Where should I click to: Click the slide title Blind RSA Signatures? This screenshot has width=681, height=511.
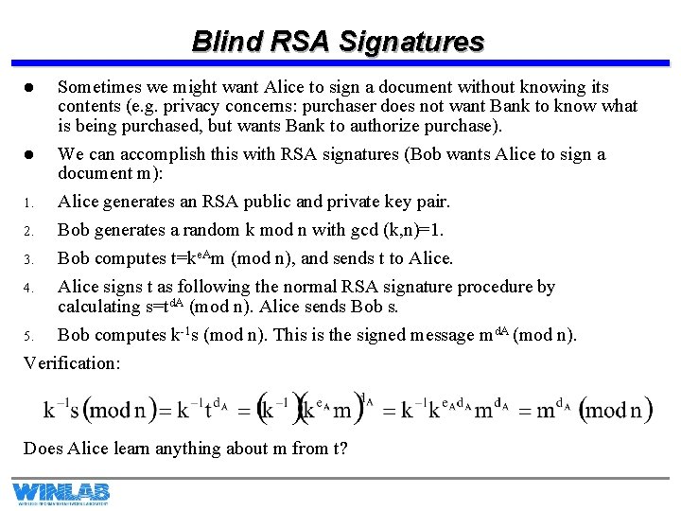[x=338, y=42]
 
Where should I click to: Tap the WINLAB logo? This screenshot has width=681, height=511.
[x=61, y=492]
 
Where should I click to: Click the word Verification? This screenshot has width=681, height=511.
[x=72, y=362]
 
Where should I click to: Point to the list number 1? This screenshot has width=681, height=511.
[x=28, y=203]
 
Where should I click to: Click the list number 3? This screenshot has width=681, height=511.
[x=28, y=259]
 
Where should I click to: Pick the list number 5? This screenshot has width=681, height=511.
[x=28, y=335]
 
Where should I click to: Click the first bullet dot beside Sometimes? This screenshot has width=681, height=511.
[x=29, y=87]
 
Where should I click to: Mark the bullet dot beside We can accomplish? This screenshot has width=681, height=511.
[x=29, y=154]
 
